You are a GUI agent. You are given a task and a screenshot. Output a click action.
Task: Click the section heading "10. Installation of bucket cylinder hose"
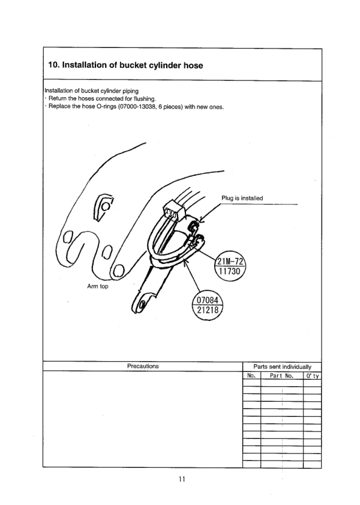[x=125, y=65]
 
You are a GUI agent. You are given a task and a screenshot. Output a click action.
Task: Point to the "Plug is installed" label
[x=242, y=199]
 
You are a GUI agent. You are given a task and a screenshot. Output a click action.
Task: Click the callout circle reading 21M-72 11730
[x=230, y=266]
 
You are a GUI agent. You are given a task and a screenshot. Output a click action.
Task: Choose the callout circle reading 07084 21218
[x=208, y=306]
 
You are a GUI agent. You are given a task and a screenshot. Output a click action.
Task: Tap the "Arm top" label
[x=98, y=286]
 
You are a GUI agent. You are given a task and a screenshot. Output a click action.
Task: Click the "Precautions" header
[x=143, y=366]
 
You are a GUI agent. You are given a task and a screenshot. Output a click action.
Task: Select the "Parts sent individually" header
[x=283, y=367]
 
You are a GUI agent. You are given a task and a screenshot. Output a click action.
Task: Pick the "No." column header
[x=251, y=375]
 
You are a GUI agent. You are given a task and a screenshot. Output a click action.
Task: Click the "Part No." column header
[x=281, y=376]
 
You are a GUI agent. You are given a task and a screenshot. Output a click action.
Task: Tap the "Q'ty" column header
[x=313, y=376]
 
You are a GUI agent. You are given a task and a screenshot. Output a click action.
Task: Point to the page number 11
[x=182, y=479]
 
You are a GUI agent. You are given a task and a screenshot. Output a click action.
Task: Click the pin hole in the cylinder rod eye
[x=141, y=303]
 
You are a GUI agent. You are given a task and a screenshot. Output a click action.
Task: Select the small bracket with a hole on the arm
[x=103, y=207]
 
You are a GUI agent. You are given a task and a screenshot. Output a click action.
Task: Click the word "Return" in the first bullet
[x=57, y=99]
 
